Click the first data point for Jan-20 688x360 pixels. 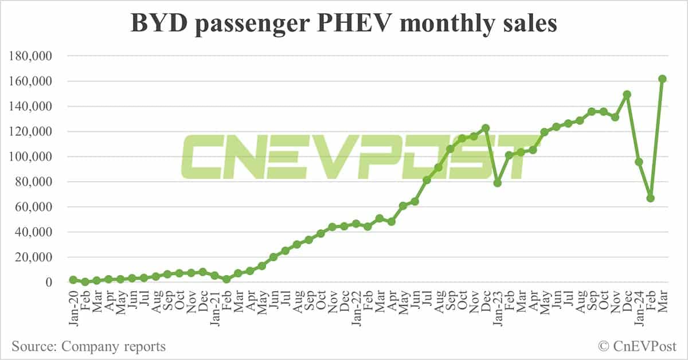(x=73, y=280)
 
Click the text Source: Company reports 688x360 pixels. (x=89, y=346)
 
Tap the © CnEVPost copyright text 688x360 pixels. (x=637, y=346)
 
